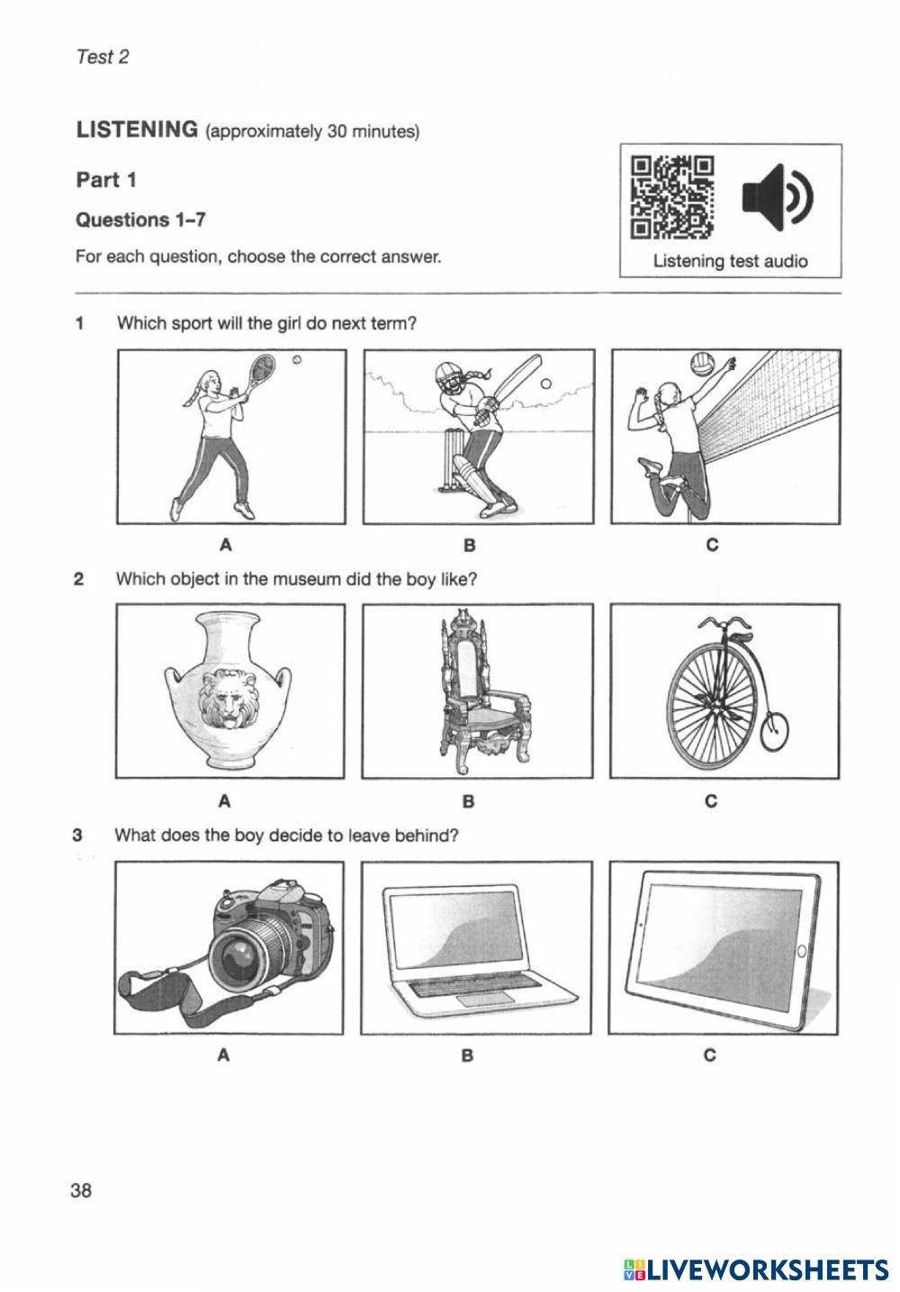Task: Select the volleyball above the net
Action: (x=702, y=365)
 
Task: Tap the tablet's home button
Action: (x=802, y=951)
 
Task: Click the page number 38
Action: (x=81, y=1190)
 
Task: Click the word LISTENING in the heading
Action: (x=137, y=130)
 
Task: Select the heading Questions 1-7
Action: (x=136, y=220)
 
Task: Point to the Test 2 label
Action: (x=103, y=57)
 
